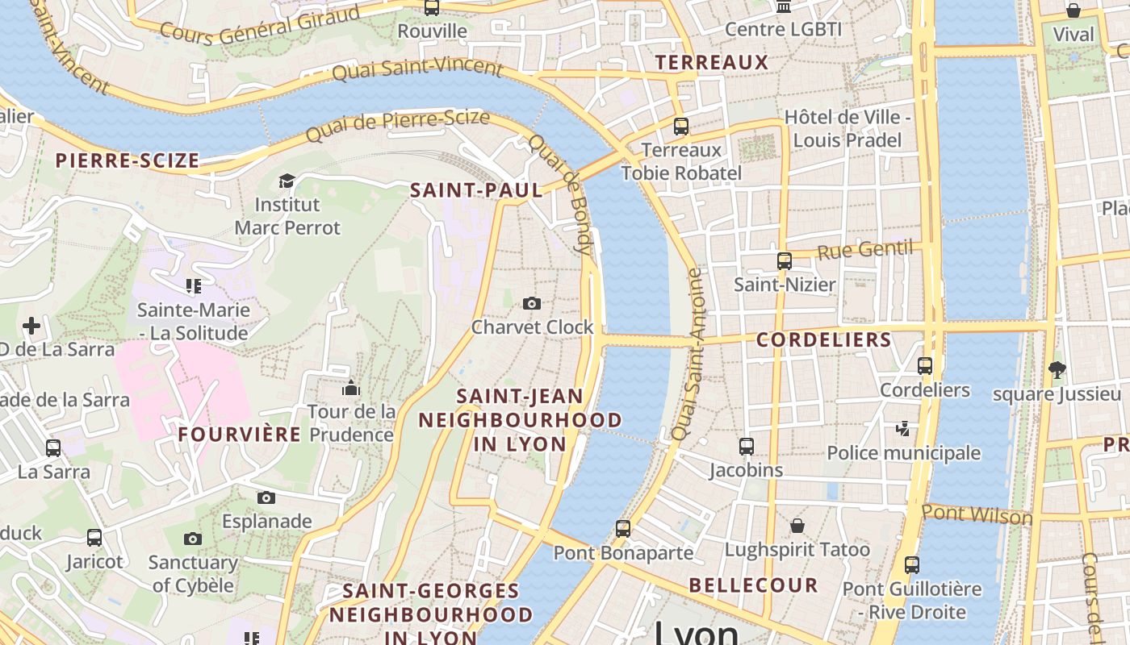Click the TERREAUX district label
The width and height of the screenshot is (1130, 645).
(711, 62)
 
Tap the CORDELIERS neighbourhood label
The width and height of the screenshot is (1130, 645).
(823, 339)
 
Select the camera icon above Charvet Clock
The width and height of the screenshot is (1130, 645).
(531, 303)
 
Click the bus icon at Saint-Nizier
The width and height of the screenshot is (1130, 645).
(784, 261)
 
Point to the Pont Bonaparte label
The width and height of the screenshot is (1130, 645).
(623, 552)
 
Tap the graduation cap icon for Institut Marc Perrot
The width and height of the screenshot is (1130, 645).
(287, 181)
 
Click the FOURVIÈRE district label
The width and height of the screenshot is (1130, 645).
(240, 434)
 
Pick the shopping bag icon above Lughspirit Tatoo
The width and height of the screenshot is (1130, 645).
(797, 526)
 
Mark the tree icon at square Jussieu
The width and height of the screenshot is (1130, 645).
(1057, 370)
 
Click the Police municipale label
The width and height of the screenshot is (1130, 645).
(903, 453)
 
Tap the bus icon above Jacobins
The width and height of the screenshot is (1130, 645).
(747, 446)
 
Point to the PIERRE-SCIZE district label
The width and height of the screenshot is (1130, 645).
(128, 160)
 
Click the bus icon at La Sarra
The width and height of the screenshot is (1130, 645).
(53, 448)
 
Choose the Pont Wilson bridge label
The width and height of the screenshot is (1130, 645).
(977, 514)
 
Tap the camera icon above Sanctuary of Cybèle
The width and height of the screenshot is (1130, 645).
(192, 539)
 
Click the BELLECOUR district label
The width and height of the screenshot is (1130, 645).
(753, 585)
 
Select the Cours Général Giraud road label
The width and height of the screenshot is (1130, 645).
(259, 24)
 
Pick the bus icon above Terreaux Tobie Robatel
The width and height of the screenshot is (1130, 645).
(681, 127)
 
